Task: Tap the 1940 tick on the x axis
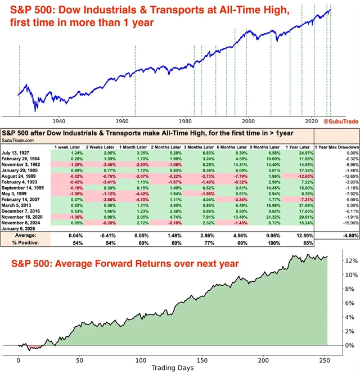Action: click(x=58, y=121)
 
